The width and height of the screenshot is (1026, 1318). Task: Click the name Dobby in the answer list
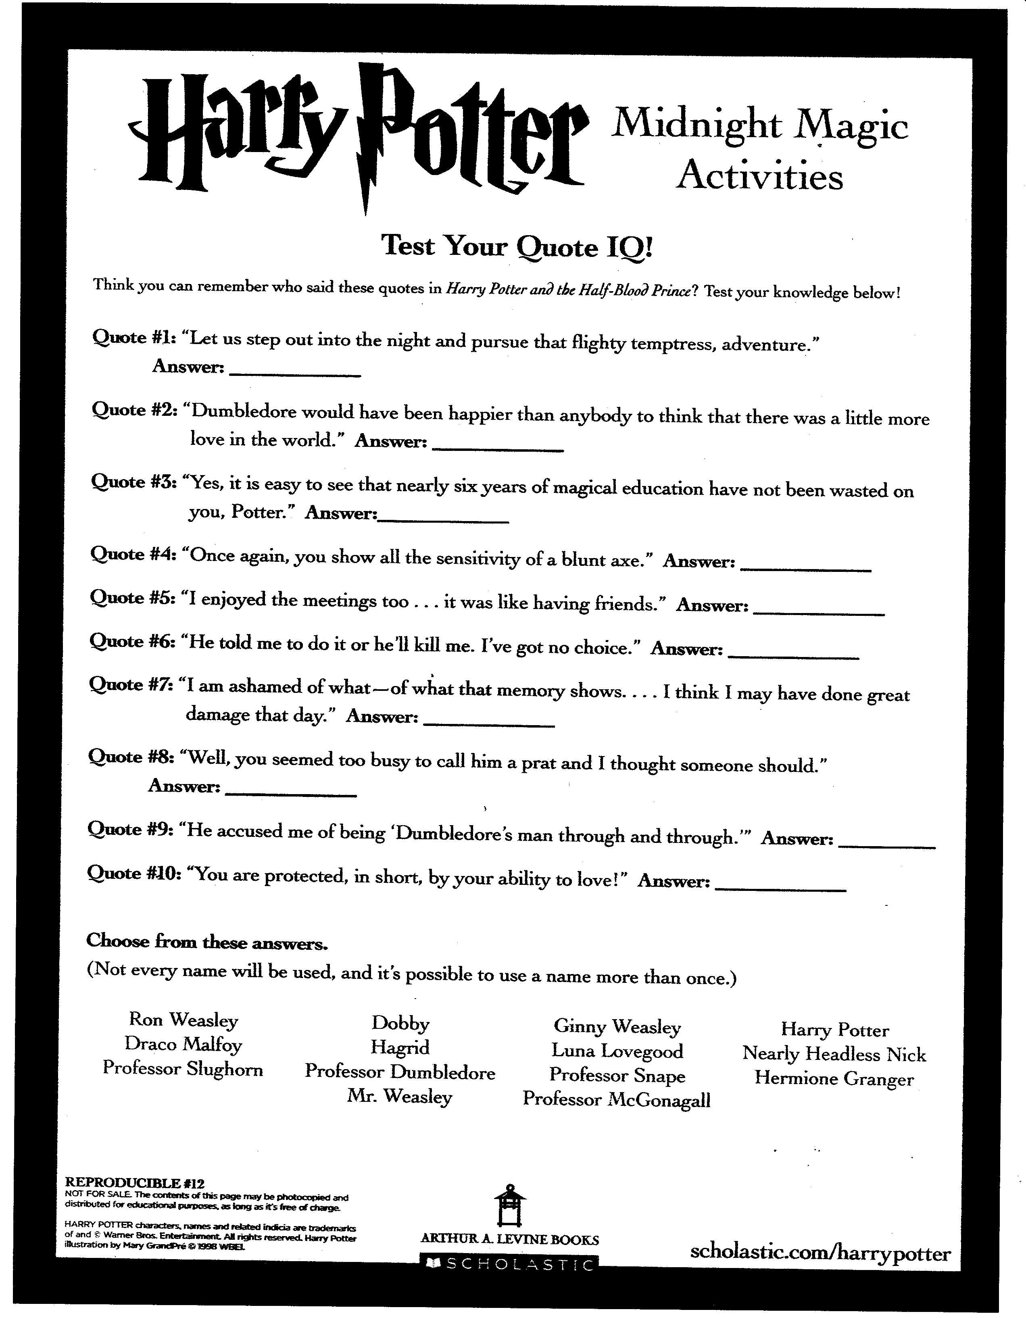[x=400, y=1023]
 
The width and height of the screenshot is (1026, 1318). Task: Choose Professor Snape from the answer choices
[x=617, y=1075]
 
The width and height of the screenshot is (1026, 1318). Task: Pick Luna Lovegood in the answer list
[x=617, y=1051]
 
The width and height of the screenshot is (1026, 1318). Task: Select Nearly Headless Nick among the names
[x=834, y=1054]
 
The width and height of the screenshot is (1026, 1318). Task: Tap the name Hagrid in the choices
[x=400, y=1047]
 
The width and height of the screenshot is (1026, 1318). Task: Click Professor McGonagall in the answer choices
[x=616, y=1099]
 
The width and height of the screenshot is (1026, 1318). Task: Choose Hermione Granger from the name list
[x=834, y=1078]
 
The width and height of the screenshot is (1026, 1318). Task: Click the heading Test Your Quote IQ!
[x=517, y=246]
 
